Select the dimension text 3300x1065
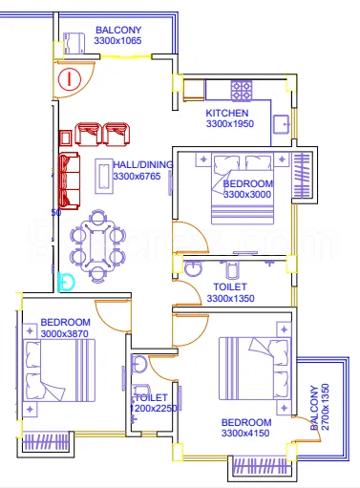117,41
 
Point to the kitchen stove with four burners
241,91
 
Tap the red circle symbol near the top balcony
70,79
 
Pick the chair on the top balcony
74,43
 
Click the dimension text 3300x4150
246,434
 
